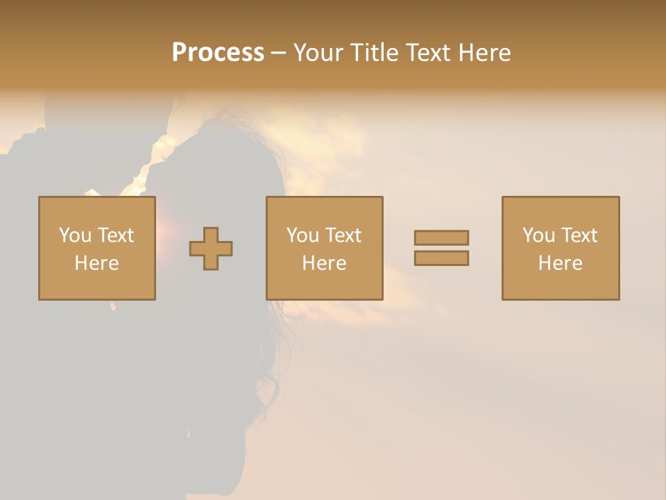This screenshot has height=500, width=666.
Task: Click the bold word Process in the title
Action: coord(218,53)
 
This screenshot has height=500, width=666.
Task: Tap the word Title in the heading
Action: coord(375,53)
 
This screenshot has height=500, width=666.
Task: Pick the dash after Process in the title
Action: coord(278,53)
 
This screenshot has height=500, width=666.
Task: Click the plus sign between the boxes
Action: coord(211,249)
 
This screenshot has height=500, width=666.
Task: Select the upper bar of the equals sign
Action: coord(441,237)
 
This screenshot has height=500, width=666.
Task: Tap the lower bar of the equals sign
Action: coord(441,258)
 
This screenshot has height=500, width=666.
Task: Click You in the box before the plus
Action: coord(75,235)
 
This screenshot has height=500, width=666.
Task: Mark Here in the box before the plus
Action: coord(96,263)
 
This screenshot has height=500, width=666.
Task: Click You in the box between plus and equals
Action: coord(302,235)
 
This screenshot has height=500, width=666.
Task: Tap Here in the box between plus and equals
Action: coord(324,263)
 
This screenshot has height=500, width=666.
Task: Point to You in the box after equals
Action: coord(538,235)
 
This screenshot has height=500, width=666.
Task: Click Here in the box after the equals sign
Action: coord(560,263)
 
